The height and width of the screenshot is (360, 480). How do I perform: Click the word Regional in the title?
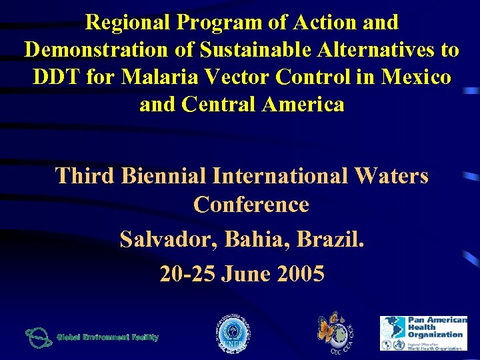[126, 22]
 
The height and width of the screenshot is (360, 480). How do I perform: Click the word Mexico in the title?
[417, 77]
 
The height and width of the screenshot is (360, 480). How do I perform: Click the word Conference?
[251, 204]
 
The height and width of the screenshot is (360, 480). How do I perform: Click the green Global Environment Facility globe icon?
[38, 337]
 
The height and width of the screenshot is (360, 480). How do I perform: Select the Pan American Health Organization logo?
[423, 333]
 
